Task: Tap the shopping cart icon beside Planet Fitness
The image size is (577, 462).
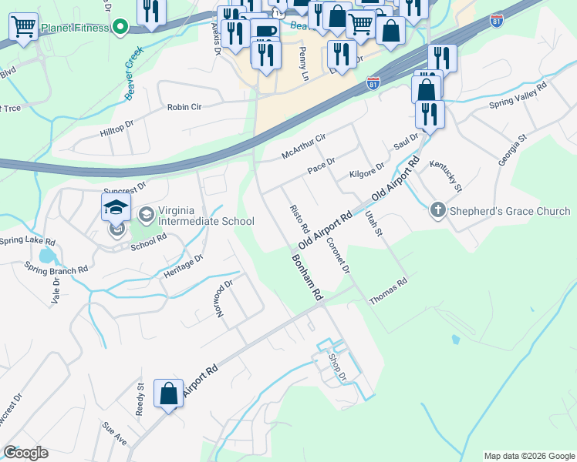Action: pyautogui.click(x=23, y=27)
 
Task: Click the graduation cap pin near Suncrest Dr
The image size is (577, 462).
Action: pyautogui.click(x=116, y=207)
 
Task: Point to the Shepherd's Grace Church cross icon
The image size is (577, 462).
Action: pyautogui.click(x=438, y=210)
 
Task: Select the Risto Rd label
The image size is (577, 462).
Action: pyautogui.click(x=299, y=220)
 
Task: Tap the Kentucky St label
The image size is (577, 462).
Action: pyautogui.click(x=450, y=177)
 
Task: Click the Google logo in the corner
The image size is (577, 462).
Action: pyautogui.click(x=25, y=452)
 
